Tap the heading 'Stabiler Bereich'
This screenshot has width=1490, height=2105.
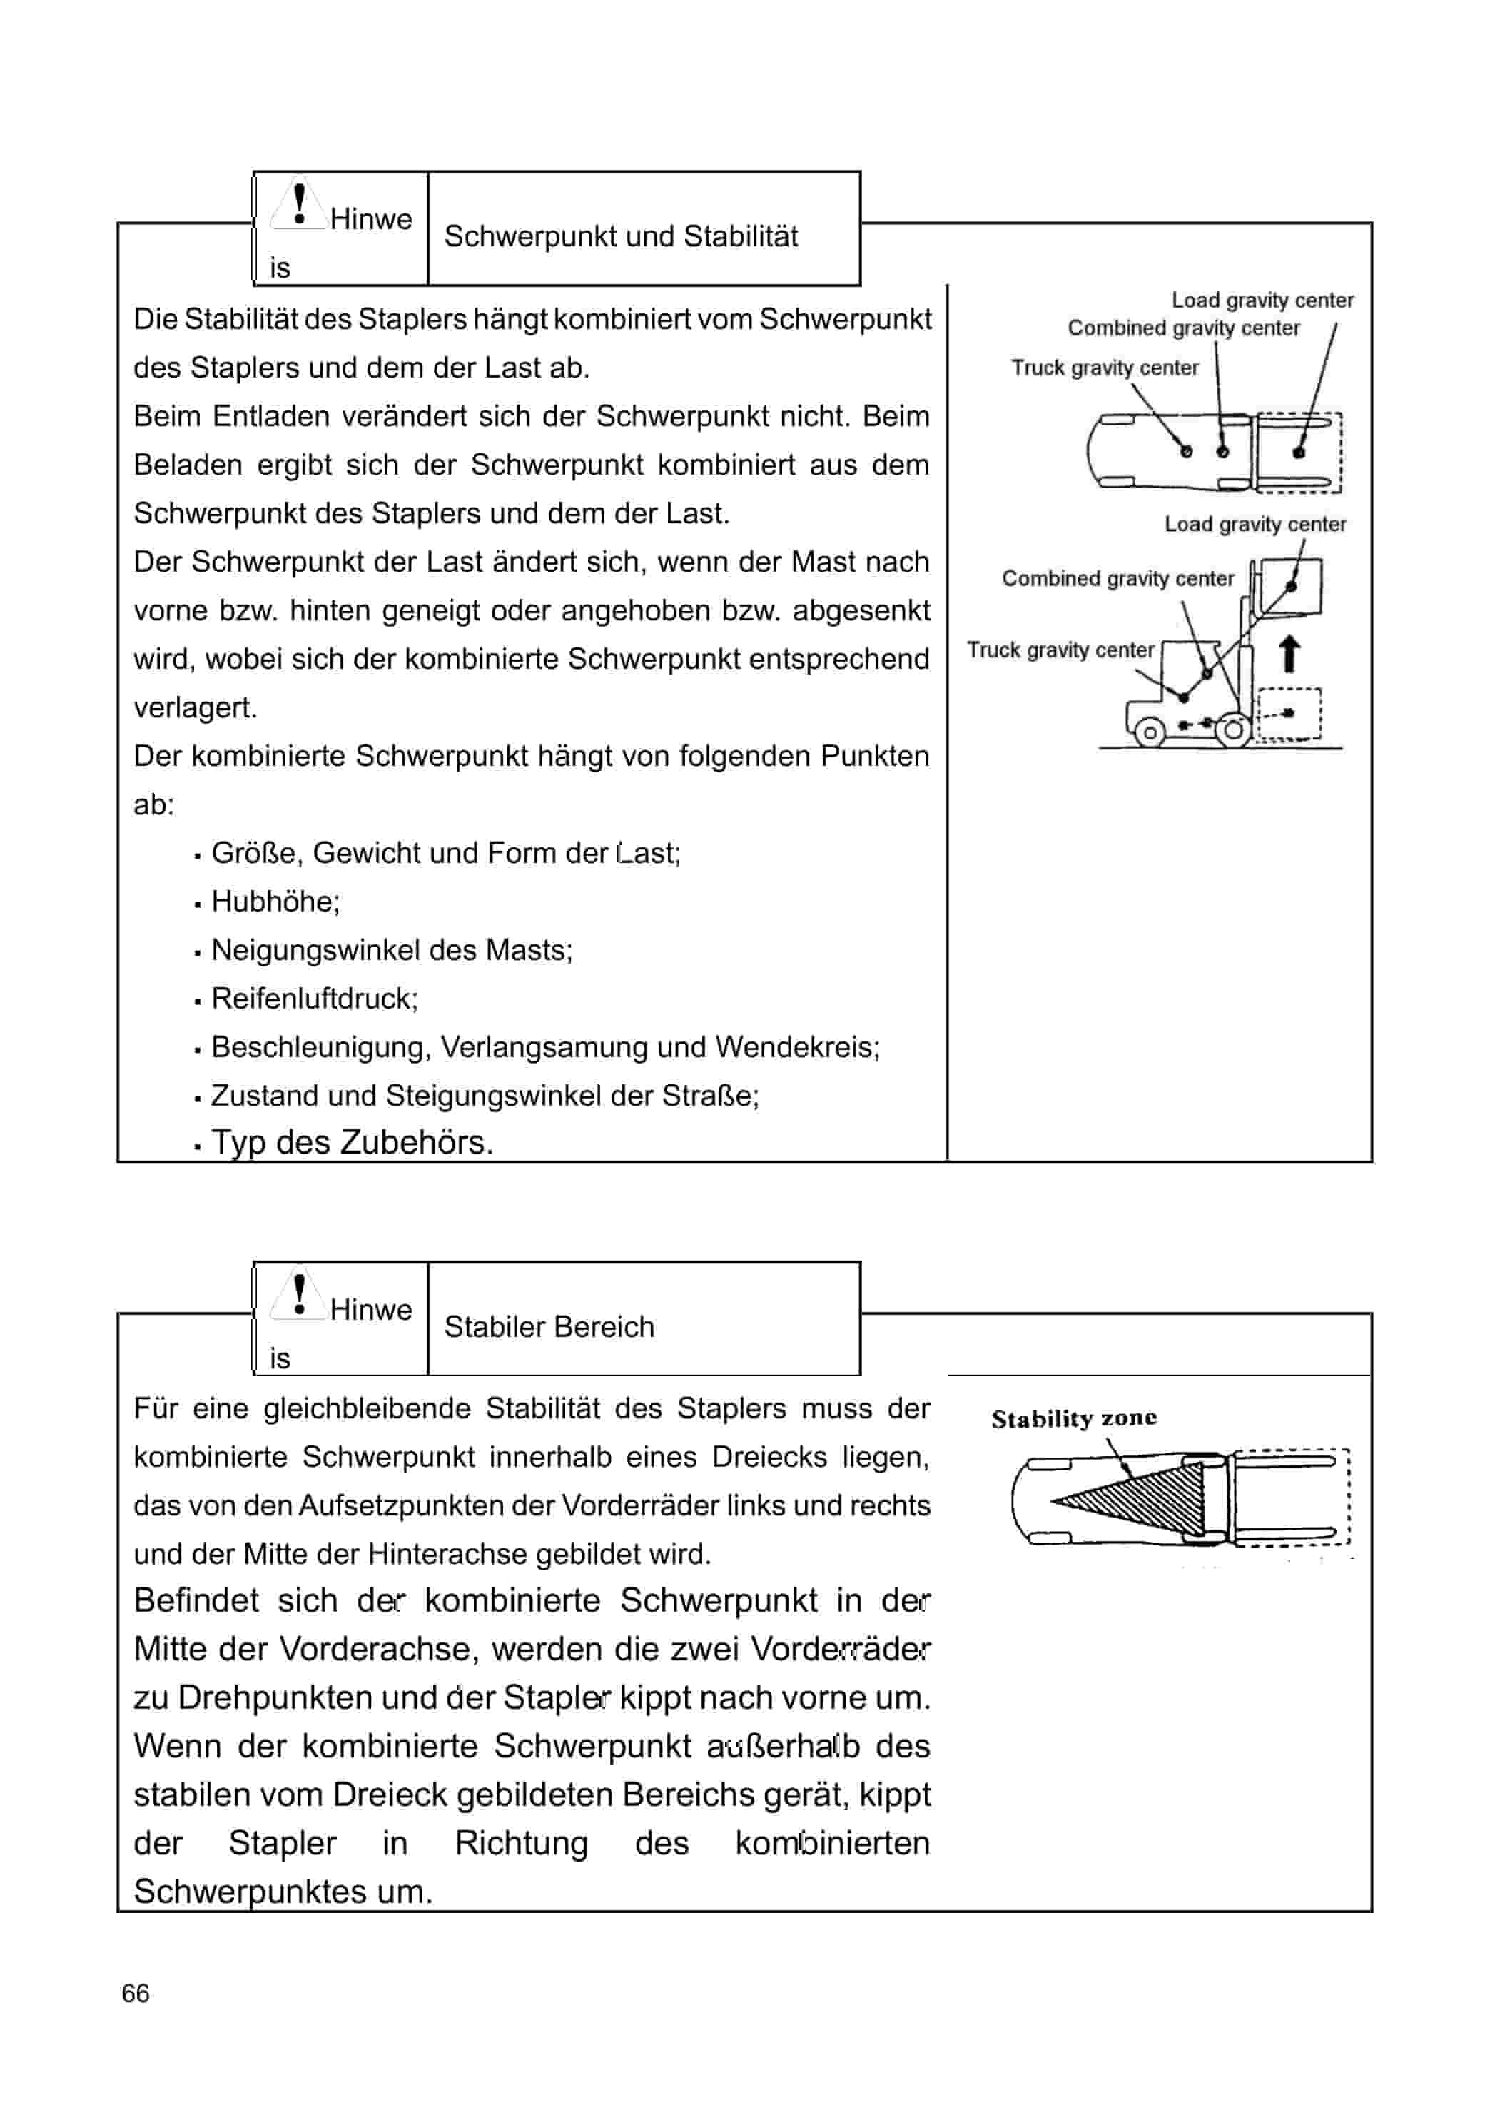pyautogui.click(x=549, y=1326)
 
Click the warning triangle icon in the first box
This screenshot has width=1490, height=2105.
pyautogui.click(x=298, y=205)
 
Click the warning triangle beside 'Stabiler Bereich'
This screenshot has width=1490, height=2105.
pyautogui.click(x=298, y=1295)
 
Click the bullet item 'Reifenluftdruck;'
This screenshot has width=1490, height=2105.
pyautogui.click(x=314, y=999)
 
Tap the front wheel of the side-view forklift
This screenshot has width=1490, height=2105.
pyautogui.click(x=1234, y=730)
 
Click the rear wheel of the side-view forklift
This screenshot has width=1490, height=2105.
pyautogui.click(x=1150, y=732)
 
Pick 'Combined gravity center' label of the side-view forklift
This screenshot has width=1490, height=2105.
pyautogui.click(x=1117, y=578)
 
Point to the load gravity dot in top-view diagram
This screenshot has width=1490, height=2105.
pyautogui.click(x=1297, y=453)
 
